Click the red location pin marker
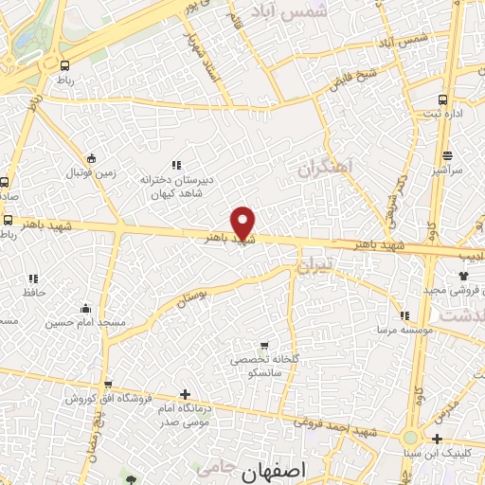coord(243,223)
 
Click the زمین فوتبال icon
coord(91,159)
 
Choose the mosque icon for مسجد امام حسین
coord(86,308)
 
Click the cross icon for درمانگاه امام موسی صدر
coord(185,394)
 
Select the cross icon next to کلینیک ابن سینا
coord(437,439)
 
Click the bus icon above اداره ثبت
coord(443,100)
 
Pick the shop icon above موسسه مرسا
coord(404,316)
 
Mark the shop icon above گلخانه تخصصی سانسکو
coord(263,346)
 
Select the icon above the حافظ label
coord(34,278)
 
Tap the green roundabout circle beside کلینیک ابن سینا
coord(410,439)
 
